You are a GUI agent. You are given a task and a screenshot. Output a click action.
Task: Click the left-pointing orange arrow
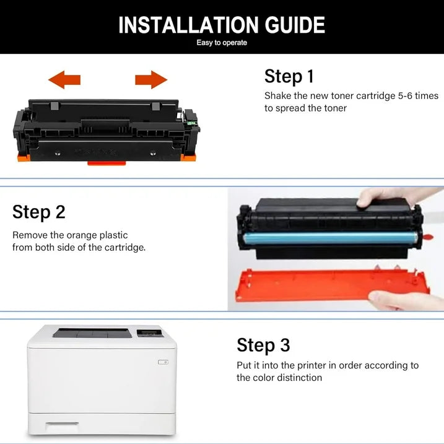[x=64, y=79]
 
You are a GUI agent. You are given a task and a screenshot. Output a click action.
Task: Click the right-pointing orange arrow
[x=151, y=79]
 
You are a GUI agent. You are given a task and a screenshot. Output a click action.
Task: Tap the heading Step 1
[x=289, y=76]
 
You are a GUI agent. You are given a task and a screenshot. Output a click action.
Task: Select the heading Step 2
[x=38, y=212]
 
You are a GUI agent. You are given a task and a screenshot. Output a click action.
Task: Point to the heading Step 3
[x=263, y=345]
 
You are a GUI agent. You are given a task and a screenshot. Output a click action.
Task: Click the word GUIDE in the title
[x=294, y=25]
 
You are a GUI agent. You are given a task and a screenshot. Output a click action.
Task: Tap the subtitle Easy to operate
[x=222, y=43]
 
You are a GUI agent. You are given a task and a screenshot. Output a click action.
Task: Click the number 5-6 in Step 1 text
[x=395, y=96]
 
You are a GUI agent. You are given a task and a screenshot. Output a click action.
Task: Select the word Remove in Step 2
[x=30, y=235]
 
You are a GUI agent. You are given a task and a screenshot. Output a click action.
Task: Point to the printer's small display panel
[x=149, y=333]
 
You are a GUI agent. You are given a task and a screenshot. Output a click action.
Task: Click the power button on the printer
[x=163, y=362]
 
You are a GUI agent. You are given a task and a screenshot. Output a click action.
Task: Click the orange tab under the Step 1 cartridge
[x=107, y=163]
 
